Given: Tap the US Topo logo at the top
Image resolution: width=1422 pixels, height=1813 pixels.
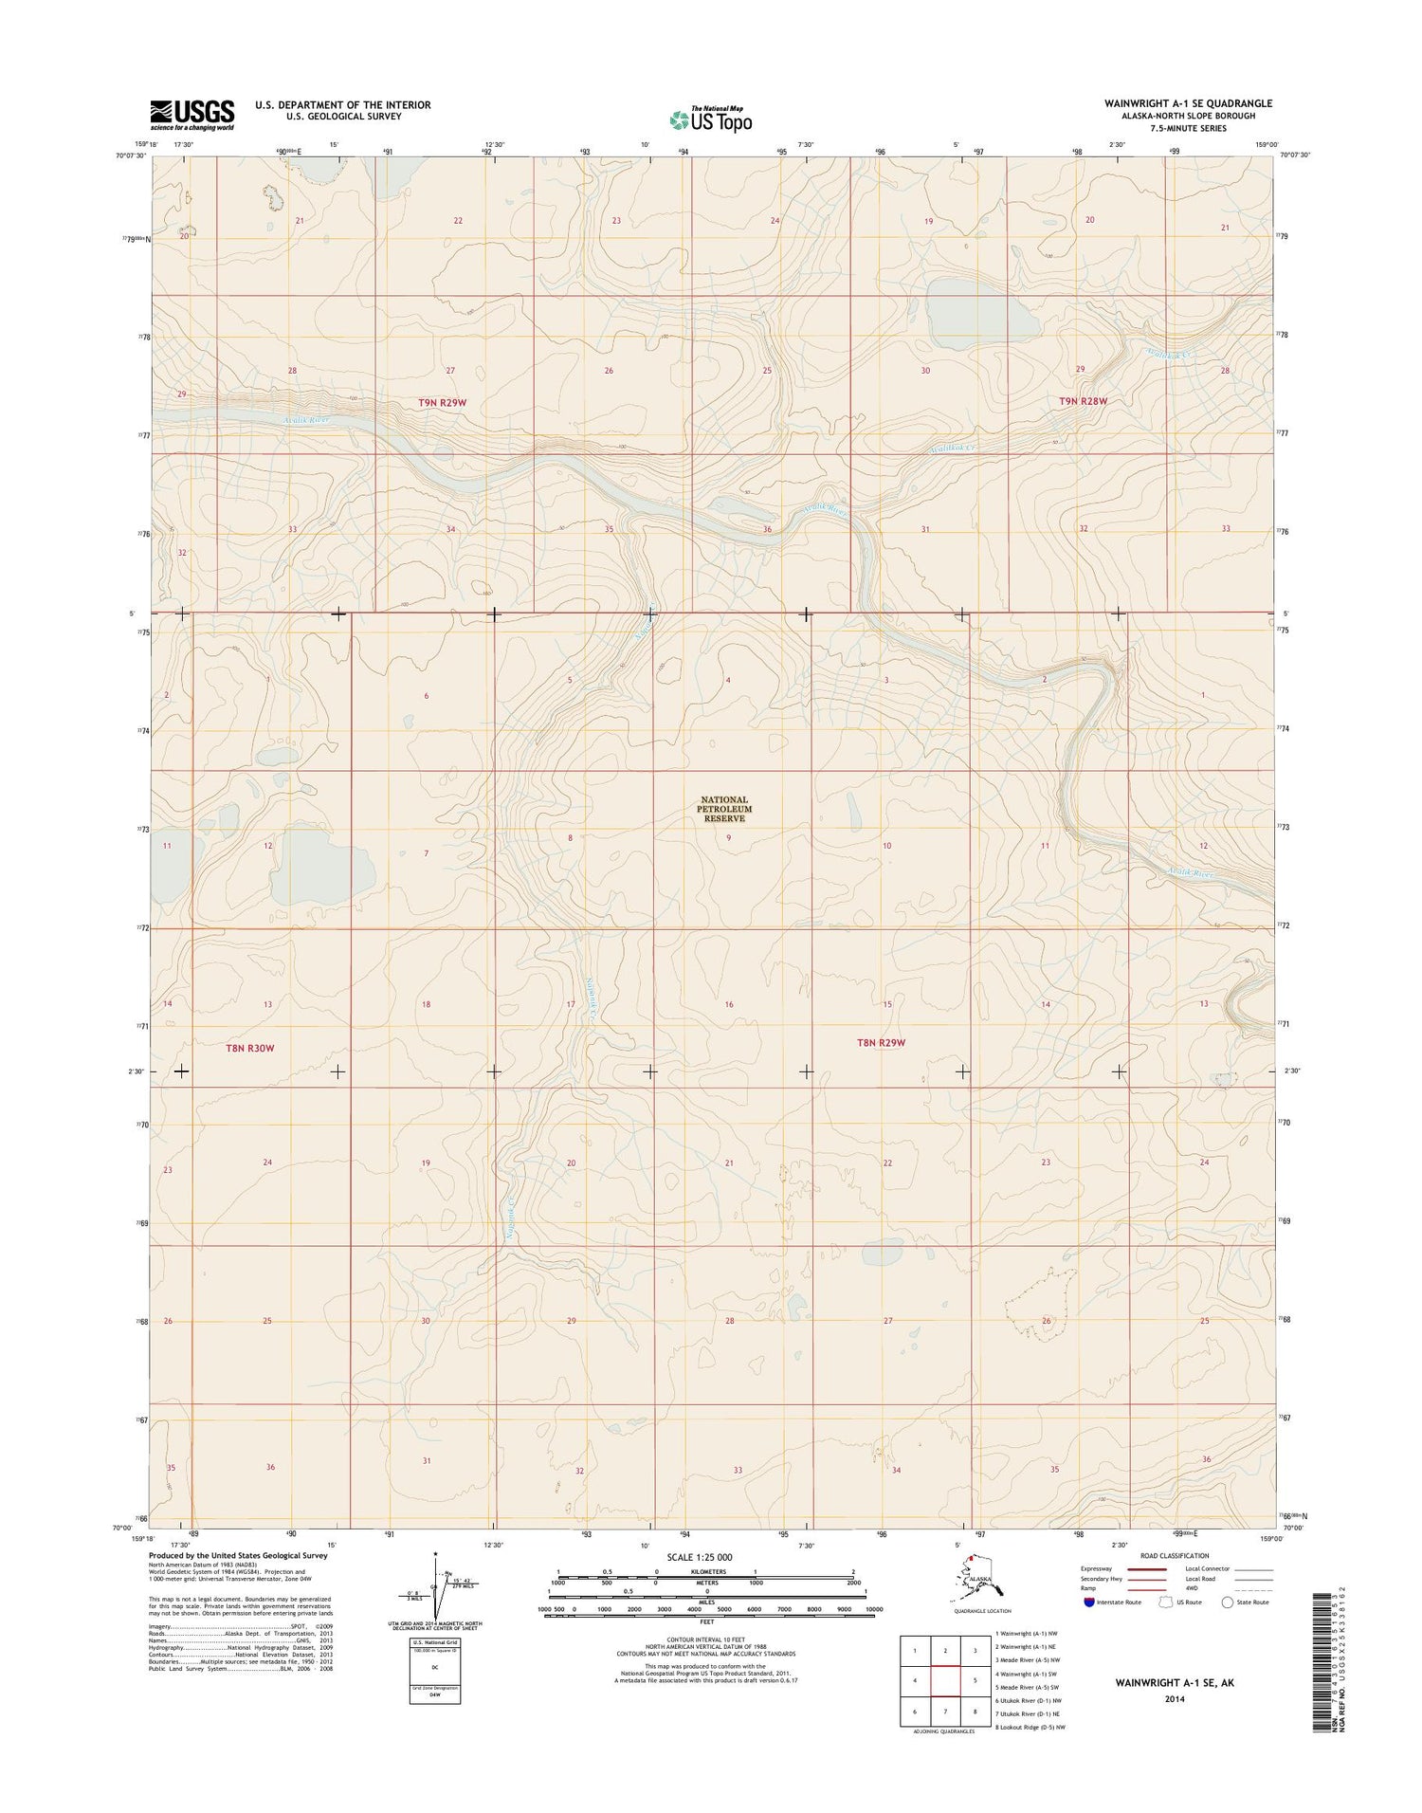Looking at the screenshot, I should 710,119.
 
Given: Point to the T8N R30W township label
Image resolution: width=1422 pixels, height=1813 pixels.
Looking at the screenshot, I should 249,1048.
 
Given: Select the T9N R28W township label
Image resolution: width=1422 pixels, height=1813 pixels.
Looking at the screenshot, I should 1083,401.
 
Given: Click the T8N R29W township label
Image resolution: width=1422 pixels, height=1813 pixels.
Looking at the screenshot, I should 881,1042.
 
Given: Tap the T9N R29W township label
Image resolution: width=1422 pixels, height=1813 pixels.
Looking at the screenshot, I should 443,403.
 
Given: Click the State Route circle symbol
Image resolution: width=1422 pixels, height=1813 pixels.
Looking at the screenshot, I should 1229,1602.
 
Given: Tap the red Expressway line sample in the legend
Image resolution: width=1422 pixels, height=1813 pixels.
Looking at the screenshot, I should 1146,1568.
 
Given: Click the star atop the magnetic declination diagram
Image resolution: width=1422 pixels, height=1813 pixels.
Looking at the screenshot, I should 435,1554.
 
